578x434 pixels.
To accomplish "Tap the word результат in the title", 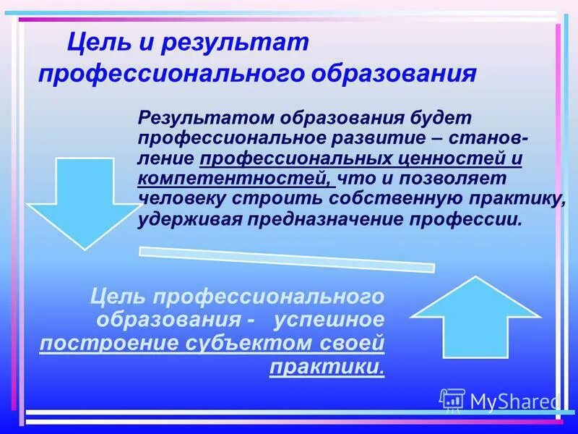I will click(236, 43).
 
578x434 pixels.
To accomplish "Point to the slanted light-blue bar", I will click(286, 258).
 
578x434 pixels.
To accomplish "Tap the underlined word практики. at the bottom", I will click(327, 367).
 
